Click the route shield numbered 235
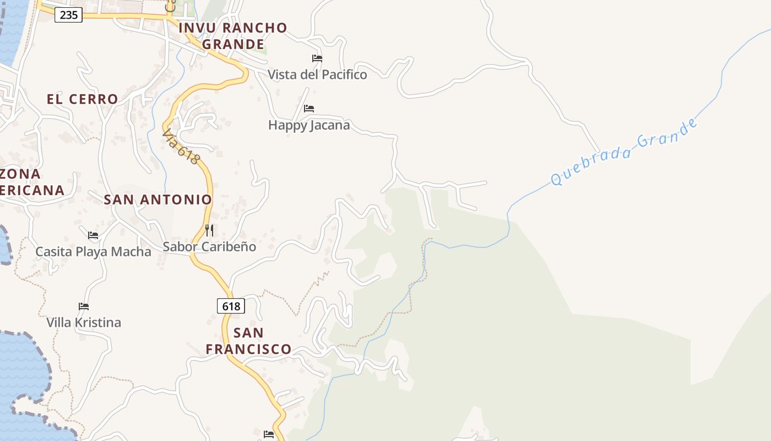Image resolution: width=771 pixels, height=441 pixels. pyautogui.click(x=68, y=15)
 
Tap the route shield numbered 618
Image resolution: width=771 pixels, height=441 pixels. pyautogui.click(x=231, y=305)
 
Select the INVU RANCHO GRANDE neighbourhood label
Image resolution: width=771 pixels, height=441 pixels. pyautogui.click(x=233, y=35)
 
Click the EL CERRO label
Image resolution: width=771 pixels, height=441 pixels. pyautogui.click(x=83, y=99)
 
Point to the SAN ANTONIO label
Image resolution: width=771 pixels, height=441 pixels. pyautogui.click(x=158, y=200)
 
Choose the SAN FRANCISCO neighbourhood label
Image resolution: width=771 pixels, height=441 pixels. pyautogui.click(x=248, y=341)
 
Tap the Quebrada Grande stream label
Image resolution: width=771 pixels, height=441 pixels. pyautogui.click(x=625, y=153)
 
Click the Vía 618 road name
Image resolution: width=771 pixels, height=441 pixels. pyautogui.click(x=181, y=147)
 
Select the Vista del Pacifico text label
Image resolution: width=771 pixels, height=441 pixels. pyautogui.click(x=317, y=74)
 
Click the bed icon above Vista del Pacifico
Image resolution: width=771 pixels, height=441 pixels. pyautogui.click(x=317, y=58)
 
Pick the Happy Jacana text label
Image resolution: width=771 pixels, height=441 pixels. pyautogui.click(x=309, y=125)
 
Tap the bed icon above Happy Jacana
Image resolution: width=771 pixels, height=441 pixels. pyautogui.click(x=309, y=109)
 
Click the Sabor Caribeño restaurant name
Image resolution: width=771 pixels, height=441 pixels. pyautogui.click(x=209, y=246)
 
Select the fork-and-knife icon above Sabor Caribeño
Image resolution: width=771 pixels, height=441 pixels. pyautogui.click(x=209, y=230)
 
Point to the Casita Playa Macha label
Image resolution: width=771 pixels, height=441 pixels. pyautogui.click(x=93, y=252)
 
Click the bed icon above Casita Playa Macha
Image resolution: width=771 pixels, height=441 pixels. pyautogui.click(x=93, y=235)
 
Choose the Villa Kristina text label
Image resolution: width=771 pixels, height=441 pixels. pyautogui.click(x=84, y=322)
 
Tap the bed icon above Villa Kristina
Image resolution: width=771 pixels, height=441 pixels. pyautogui.click(x=84, y=306)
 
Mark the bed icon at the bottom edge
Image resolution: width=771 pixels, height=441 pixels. pyautogui.click(x=269, y=434)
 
